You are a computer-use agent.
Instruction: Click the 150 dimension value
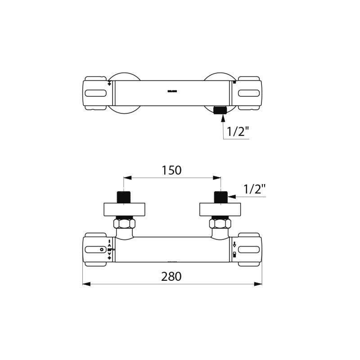(171, 171)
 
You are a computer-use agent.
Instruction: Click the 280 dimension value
(171, 276)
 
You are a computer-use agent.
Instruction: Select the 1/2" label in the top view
(238, 132)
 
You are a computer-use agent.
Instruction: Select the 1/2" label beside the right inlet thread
(254, 189)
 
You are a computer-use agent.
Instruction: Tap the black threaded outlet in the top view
(220, 110)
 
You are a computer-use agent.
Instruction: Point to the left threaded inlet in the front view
(124, 197)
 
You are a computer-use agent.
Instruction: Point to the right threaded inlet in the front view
(220, 197)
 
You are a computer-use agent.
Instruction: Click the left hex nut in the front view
(124, 223)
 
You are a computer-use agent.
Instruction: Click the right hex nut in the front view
(220, 223)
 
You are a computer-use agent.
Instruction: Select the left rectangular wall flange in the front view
(124, 209)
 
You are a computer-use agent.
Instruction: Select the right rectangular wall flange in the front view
(220, 209)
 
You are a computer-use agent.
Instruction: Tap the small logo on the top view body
(172, 91)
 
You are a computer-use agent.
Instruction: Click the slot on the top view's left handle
(95, 93)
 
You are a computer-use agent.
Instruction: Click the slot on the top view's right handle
(249, 93)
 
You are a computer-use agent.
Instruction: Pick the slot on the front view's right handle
(249, 249)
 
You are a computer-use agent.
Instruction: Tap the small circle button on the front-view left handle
(102, 249)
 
